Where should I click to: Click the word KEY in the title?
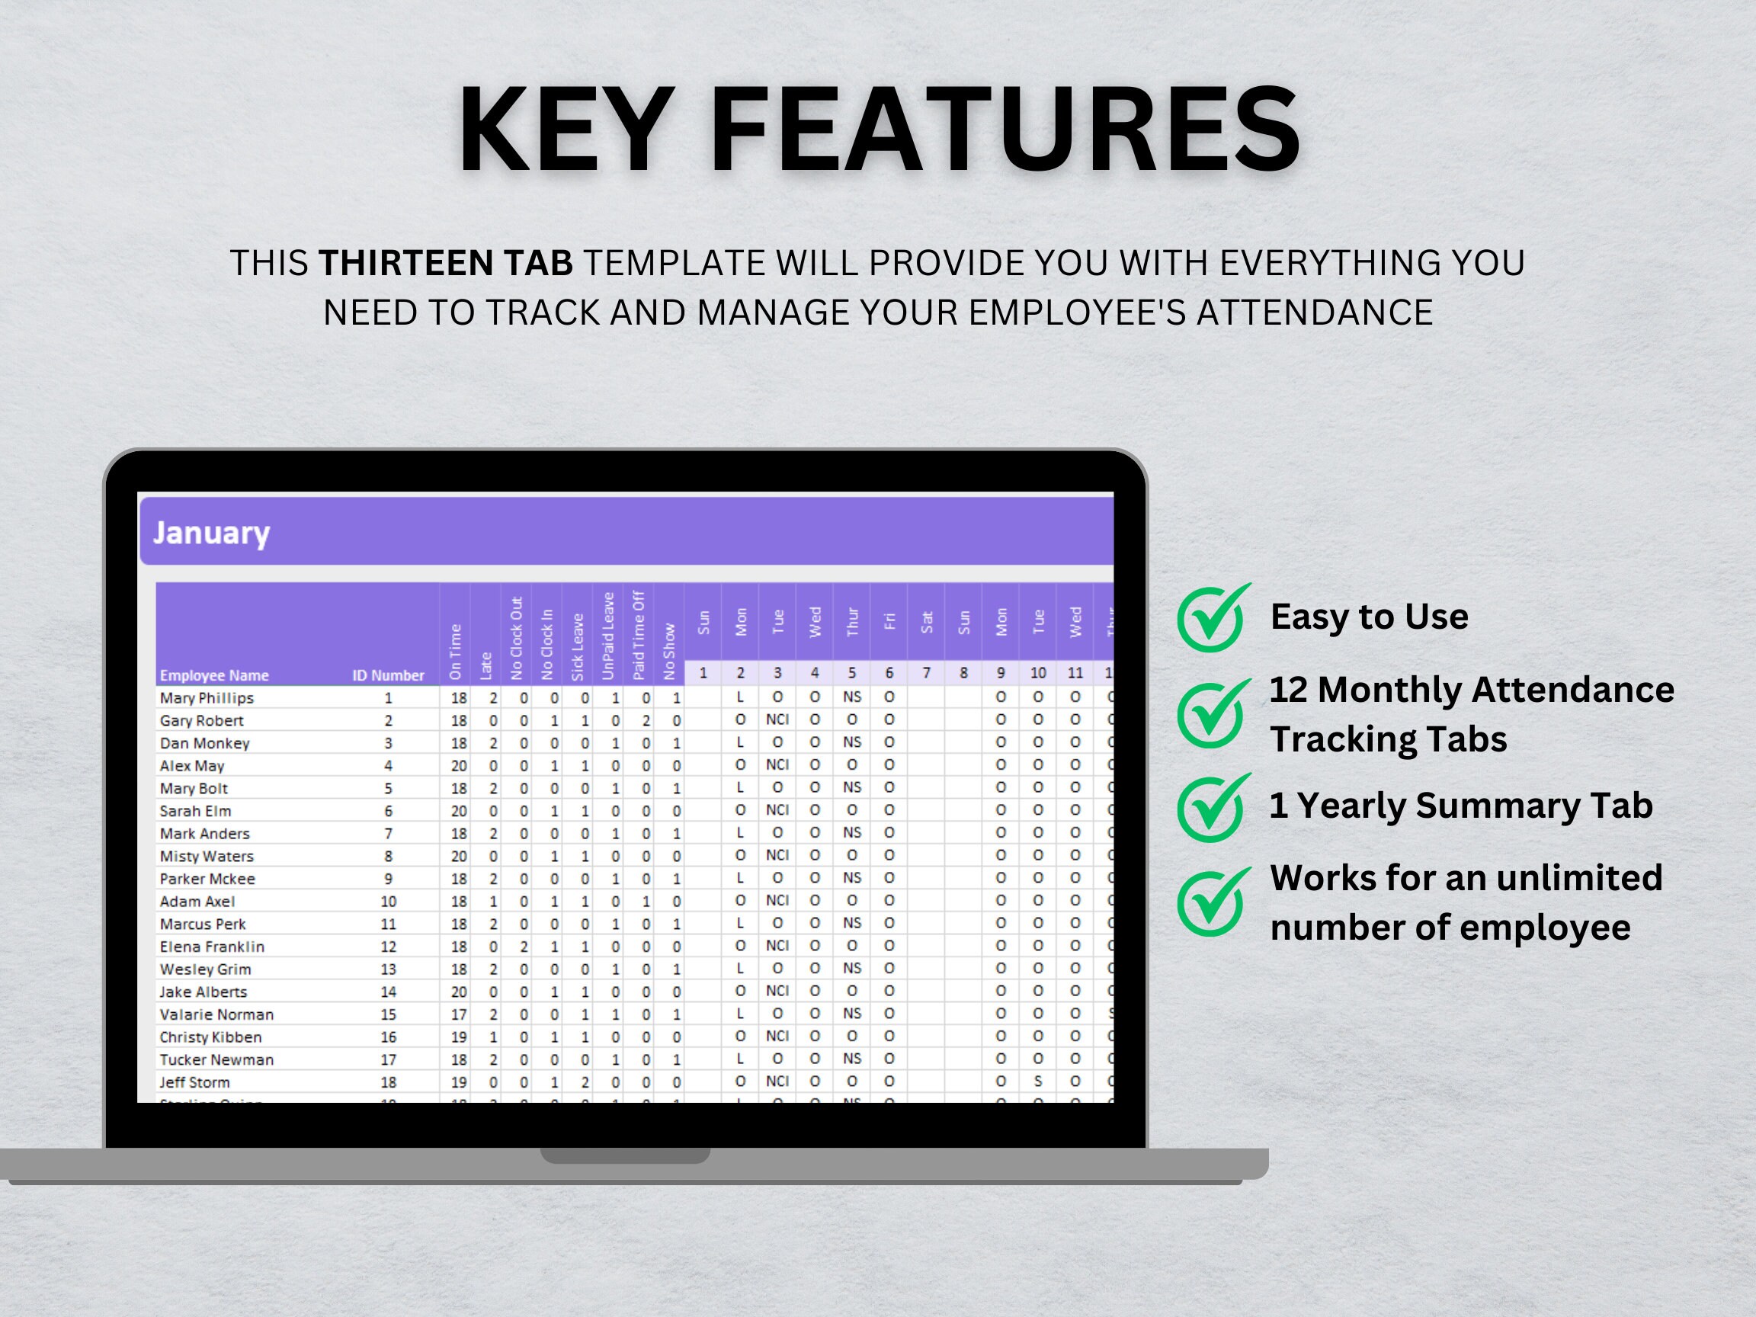(x=566, y=130)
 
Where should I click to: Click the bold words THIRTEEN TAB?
(x=445, y=264)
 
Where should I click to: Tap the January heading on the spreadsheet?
(x=211, y=533)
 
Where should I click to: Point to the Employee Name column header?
(x=214, y=675)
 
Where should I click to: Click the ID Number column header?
(x=388, y=675)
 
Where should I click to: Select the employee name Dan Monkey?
(x=205, y=744)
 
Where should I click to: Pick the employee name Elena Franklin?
(x=212, y=947)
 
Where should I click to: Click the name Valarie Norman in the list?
(x=216, y=1014)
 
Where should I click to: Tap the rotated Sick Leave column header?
(x=578, y=647)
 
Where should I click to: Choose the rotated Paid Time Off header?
(x=639, y=635)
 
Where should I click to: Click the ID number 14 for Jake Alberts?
(x=388, y=992)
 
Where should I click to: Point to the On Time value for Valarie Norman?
(x=459, y=1014)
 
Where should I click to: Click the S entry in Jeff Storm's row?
(x=1038, y=1081)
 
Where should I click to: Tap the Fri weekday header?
(x=889, y=621)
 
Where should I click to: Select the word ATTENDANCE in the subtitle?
(x=1315, y=312)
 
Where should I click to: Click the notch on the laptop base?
(x=625, y=1156)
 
